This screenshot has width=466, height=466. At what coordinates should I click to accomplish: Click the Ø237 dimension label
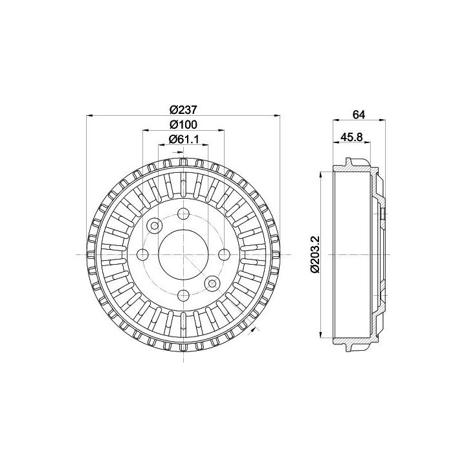point(183,109)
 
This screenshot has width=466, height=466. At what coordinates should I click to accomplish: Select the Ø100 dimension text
point(183,125)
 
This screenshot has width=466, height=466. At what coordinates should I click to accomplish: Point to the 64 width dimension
point(359,115)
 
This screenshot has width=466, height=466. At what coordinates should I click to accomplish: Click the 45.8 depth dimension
point(352,137)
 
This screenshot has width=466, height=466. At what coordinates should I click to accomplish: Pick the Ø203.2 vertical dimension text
point(315,254)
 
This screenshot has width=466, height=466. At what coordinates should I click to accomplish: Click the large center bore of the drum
point(183,254)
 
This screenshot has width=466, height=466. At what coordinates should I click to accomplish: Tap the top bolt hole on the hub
point(183,214)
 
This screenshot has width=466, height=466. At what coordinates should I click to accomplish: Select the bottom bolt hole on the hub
point(183,295)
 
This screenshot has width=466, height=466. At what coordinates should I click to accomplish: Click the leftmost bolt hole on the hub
point(142,254)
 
